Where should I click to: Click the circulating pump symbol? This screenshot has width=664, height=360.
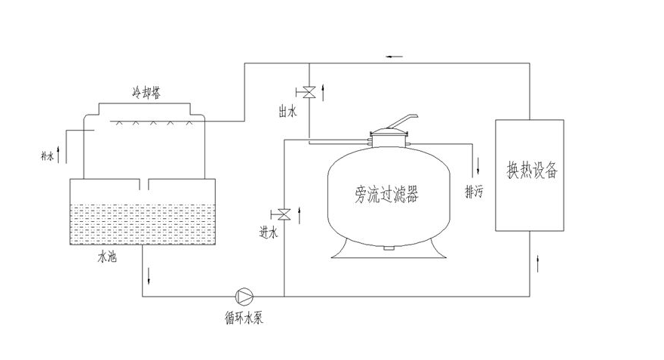click(x=243, y=297)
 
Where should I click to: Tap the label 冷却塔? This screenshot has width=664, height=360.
click(x=146, y=93)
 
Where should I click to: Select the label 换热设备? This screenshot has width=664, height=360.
click(x=531, y=171)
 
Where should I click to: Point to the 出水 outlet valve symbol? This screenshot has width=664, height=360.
click(x=309, y=93)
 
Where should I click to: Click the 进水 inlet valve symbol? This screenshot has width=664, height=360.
click(x=284, y=212)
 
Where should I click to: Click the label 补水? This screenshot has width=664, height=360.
click(x=47, y=156)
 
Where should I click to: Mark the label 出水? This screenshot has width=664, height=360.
click(x=286, y=112)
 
